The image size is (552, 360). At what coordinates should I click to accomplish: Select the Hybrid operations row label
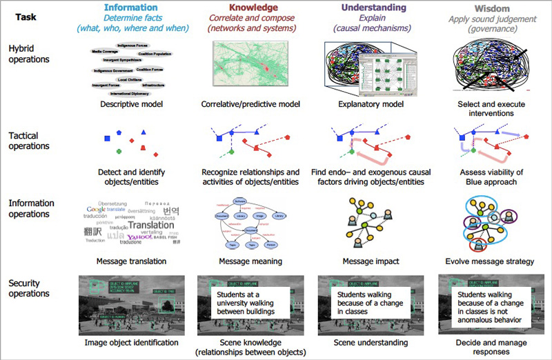(29, 54)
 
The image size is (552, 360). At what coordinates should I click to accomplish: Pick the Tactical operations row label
(29, 141)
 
